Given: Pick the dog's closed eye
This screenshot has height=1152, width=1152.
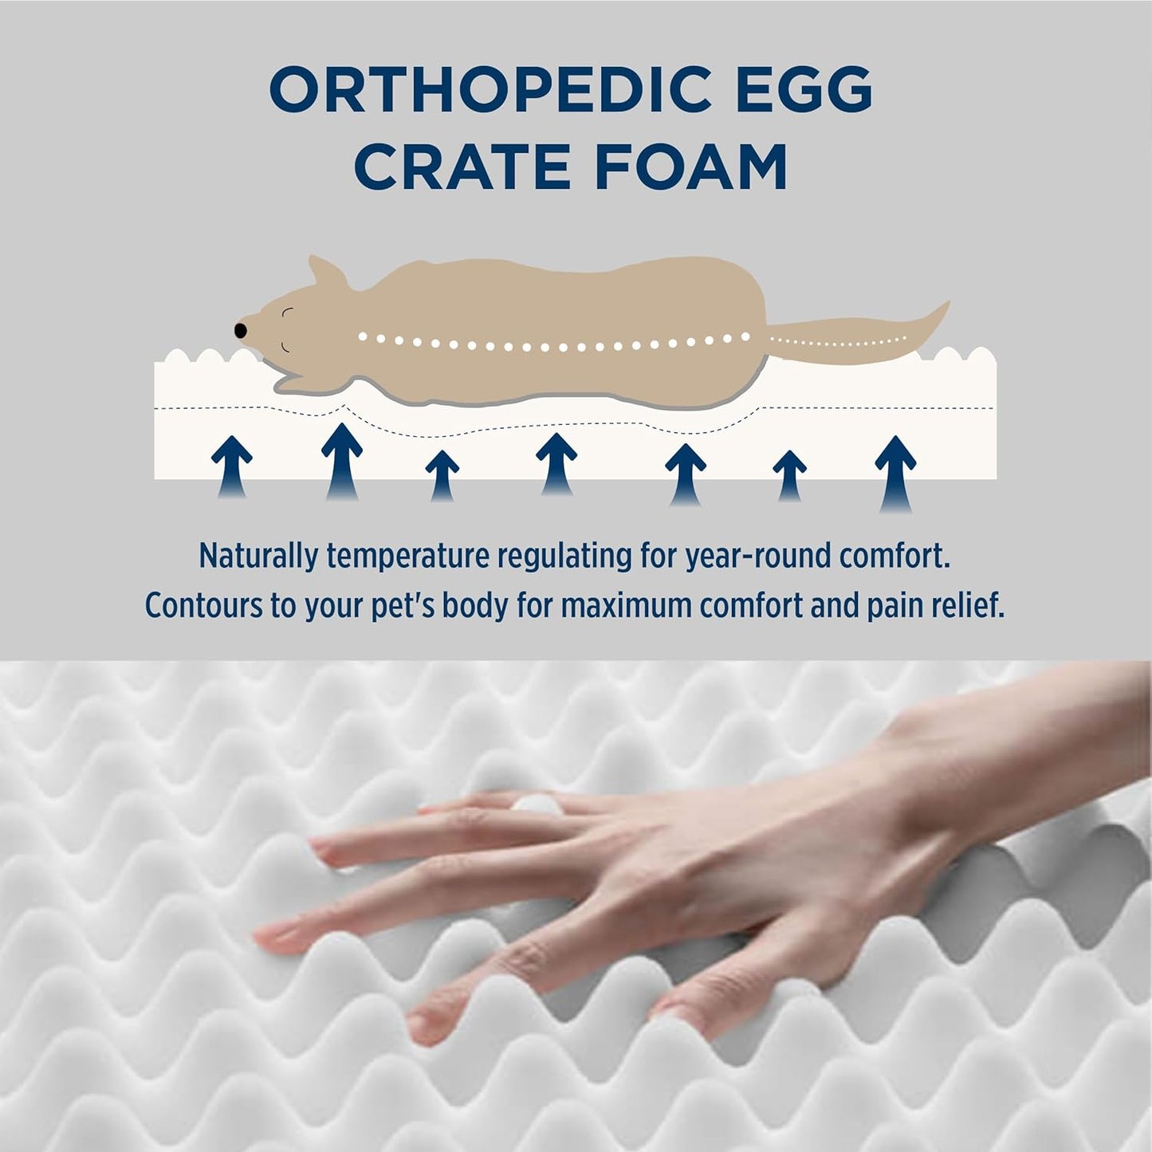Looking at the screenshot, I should [288, 312].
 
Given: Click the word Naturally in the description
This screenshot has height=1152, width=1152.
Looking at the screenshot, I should [258, 556].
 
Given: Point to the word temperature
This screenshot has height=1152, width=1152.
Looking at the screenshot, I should [407, 556].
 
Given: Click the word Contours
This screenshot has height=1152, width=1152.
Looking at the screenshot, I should [202, 606].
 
